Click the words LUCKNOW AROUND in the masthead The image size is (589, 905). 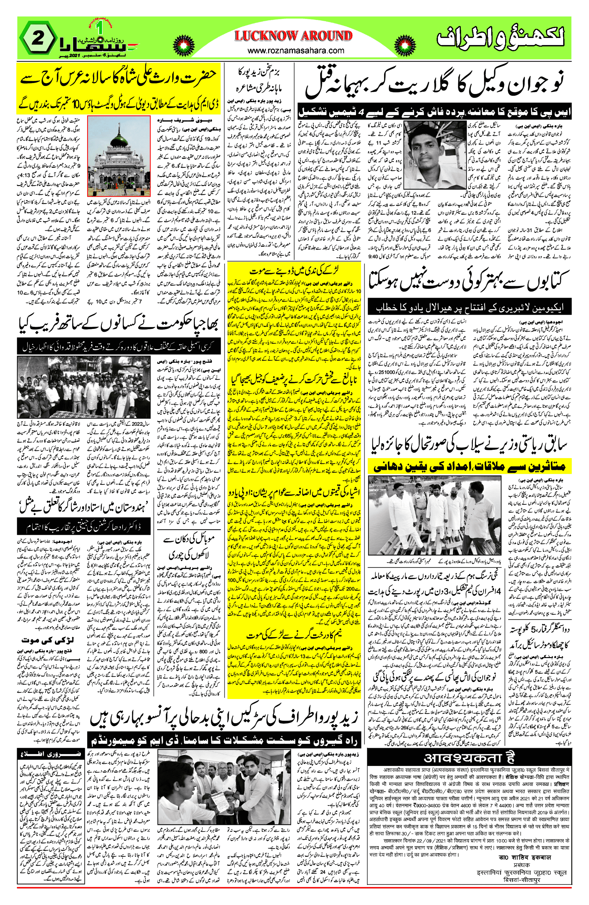(x=293, y=36)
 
